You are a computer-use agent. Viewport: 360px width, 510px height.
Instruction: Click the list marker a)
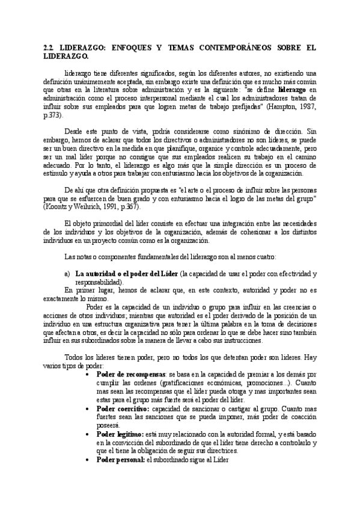point(67,274)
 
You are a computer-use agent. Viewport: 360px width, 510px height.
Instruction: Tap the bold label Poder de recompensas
point(130,373)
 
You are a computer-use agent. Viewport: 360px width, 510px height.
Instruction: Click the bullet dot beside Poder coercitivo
point(90,408)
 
